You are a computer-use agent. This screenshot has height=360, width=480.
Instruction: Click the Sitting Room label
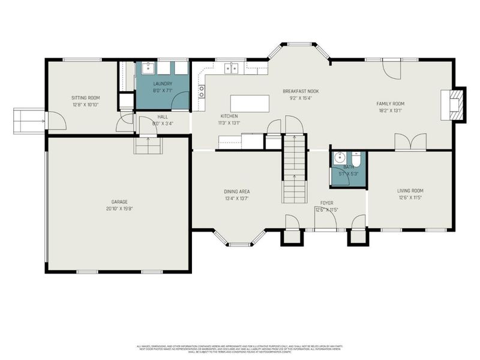(x=85, y=97)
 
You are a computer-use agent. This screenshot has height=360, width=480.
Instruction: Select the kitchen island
(x=249, y=103)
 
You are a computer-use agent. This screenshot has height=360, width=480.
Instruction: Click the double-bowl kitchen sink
(x=232, y=68)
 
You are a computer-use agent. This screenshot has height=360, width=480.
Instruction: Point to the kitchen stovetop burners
(x=202, y=91)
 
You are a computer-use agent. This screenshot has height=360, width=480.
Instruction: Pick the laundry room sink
(x=146, y=68)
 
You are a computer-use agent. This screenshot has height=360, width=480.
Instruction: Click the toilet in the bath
(x=355, y=160)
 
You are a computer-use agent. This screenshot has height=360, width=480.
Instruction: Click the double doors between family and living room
(x=410, y=143)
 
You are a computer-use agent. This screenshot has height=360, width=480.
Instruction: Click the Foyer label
(x=327, y=203)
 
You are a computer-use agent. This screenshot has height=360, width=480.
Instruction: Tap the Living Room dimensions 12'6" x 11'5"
(x=410, y=197)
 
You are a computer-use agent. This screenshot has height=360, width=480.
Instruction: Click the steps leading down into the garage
(x=148, y=146)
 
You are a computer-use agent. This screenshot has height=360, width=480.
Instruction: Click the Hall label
(x=163, y=116)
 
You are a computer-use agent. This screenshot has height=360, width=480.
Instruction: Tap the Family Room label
(x=390, y=103)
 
